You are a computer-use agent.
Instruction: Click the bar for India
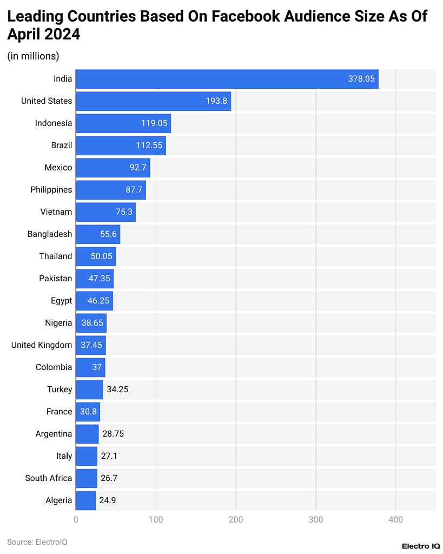click(227, 79)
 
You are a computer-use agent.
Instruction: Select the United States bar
click(153, 101)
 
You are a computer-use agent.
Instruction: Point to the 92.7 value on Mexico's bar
click(138, 168)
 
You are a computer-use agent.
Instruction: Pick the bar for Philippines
click(111, 190)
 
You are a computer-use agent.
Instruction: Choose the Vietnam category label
click(56, 212)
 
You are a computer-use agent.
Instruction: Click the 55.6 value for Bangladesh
click(108, 234)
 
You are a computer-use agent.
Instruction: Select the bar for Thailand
click(96, 256)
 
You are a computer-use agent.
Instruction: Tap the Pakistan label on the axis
click(55, 279)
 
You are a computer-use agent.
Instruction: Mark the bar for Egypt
click(95, 301)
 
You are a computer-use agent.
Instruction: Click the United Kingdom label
click(42, 345)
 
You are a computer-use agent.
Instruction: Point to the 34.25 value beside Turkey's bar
click(117, 390)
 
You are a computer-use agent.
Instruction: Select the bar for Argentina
click(87, 434)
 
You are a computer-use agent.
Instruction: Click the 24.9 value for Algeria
click(107, 500)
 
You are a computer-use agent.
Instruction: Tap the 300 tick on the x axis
click(316, 520)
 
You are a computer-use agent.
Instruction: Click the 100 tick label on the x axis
click(156, 520)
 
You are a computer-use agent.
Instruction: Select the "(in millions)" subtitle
click(33, 56)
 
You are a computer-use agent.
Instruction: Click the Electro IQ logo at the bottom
click(420, 546)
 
